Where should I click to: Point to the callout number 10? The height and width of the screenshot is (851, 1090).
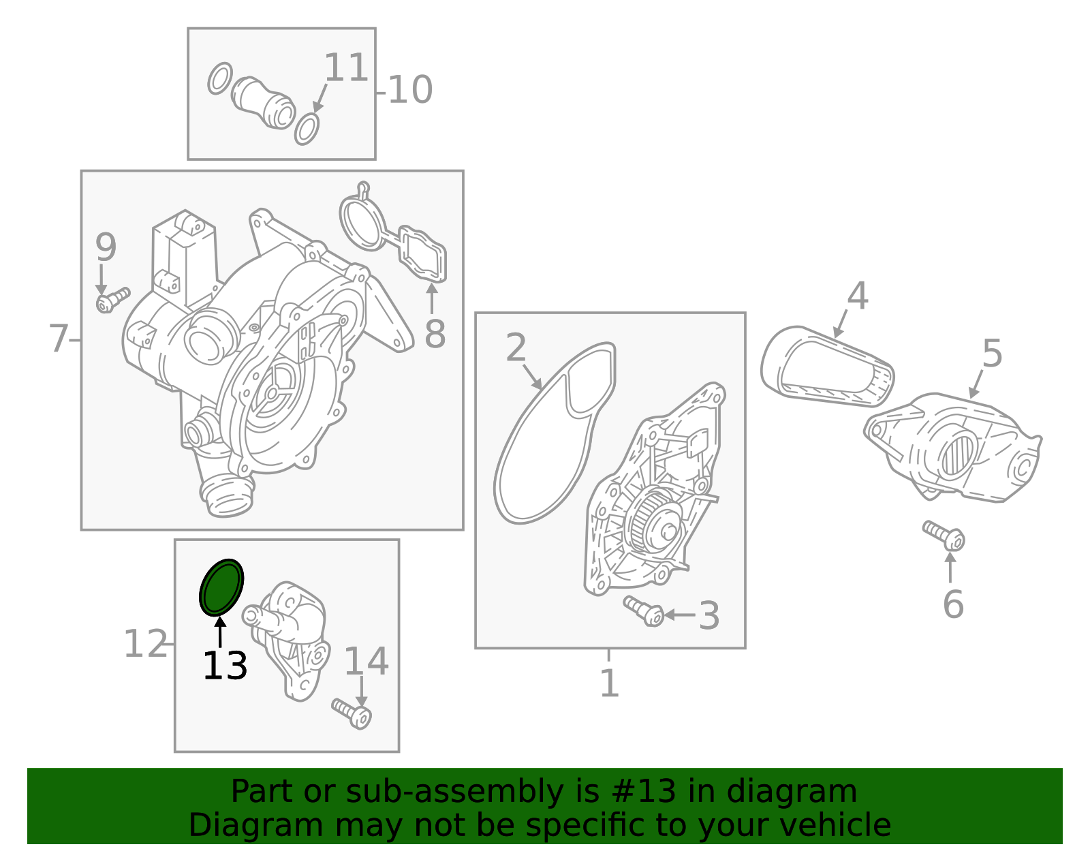410,90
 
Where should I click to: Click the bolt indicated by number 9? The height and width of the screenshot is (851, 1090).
113,300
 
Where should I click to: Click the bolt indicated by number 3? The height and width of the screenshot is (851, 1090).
644,611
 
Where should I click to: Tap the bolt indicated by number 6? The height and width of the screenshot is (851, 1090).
944,535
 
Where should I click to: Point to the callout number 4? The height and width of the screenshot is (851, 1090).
858,296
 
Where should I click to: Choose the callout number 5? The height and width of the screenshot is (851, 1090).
992,353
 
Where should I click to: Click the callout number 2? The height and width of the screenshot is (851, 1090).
516,347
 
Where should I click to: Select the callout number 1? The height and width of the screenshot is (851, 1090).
610,683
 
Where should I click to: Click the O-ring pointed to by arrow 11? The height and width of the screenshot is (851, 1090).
307,129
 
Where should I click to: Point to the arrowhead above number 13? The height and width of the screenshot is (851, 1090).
220,623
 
